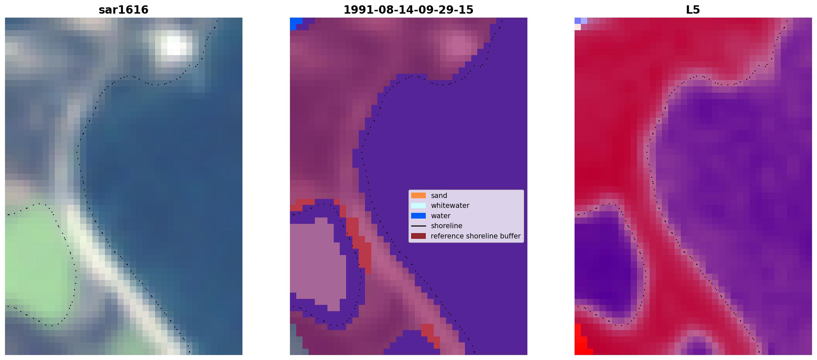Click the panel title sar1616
(x=124, y=10)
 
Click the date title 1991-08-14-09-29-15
(x=408, y=10)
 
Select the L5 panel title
(x=693, y=10)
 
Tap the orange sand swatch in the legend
(x=418, y=196)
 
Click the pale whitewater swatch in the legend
(x=418, y=206)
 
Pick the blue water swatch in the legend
(x=418, y=216)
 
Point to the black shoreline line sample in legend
(x=418, y=226)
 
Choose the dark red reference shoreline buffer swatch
(x=418, y=236)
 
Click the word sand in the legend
(x=439, y=196)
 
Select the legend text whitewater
(x=450, y=206)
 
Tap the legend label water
(x=441, y=216)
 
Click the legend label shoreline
(x=447, y=226)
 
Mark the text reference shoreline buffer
(x=476, y=236)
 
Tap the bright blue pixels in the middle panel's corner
(x=295, y=23)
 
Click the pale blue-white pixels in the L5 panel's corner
(x=580, y=23)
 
